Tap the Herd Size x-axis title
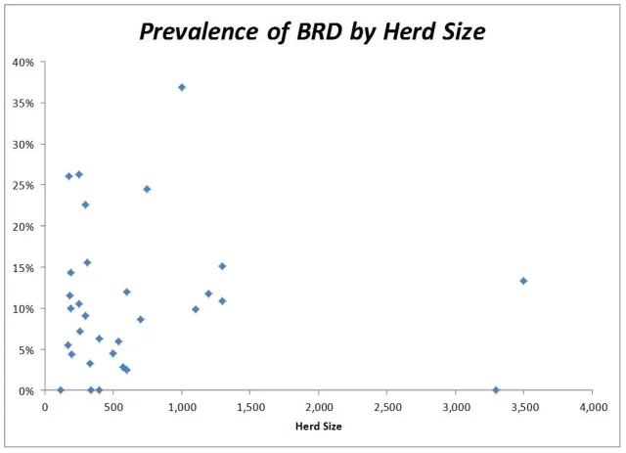pyautogui.click(x=318, y=427)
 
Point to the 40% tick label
pyautogui.click(x=22, y=62)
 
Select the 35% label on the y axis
pyautogui.click(x=22, y=103)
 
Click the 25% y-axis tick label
pyautogui.click(x=22, y=185)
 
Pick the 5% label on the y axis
pyautogui.click(x=25, y=349)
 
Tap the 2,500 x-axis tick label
pyautogui.click(x=386, y=405)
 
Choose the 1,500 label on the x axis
pyautogui.click(x=249, y=405)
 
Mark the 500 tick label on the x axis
pyautogui.click(x=112, y=405)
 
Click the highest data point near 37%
pyautogui.click(x=182, y=87)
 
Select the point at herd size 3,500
pyautogui.click(x=523, y=281)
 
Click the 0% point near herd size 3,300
pyautogui.click(x=496, y=389)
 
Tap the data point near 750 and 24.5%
pyautogui.click(x=147, y=189)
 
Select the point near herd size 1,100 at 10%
pyautogui.click(x=196, y=309)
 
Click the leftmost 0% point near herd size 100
pyautogui.click(x=60, y=389)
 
